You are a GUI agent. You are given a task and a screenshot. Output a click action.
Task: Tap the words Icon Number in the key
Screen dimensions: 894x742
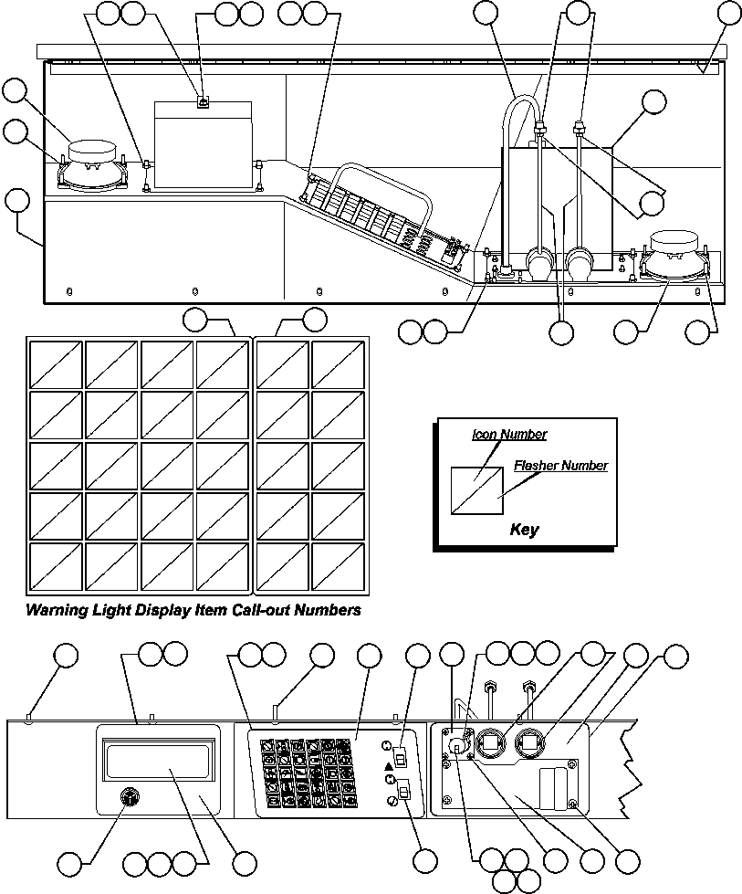(509, 435)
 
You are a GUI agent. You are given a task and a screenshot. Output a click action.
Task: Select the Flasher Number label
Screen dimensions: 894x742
(559, 466)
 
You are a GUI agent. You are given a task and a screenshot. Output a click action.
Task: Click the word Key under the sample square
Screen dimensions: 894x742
(524, 530)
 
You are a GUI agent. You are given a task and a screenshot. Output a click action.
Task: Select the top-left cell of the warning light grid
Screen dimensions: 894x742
(56, 363)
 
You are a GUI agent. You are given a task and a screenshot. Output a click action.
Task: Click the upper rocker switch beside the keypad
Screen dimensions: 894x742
(399, 755)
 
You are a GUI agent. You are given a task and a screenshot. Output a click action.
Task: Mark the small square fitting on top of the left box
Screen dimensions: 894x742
(203, 102)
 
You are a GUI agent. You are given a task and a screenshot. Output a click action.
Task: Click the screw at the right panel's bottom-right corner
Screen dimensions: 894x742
(572, 804)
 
